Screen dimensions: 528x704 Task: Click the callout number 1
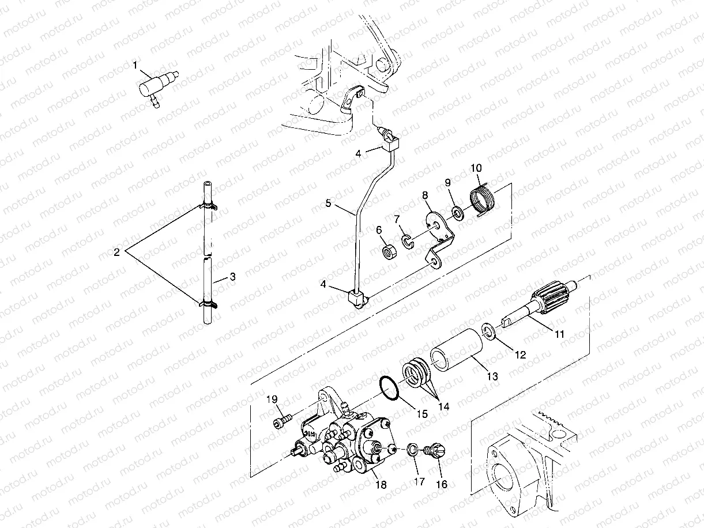pyautogui.click(x=135, y=66)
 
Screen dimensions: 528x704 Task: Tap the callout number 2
pyautogui.click(x=116, y=252)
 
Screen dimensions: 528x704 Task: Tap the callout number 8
pyautogui.click(x=425, y=196)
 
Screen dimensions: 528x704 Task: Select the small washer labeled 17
pyautogui.click(x=412, y=449)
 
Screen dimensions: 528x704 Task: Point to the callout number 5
pyautogui.click(x=328, y=203)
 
